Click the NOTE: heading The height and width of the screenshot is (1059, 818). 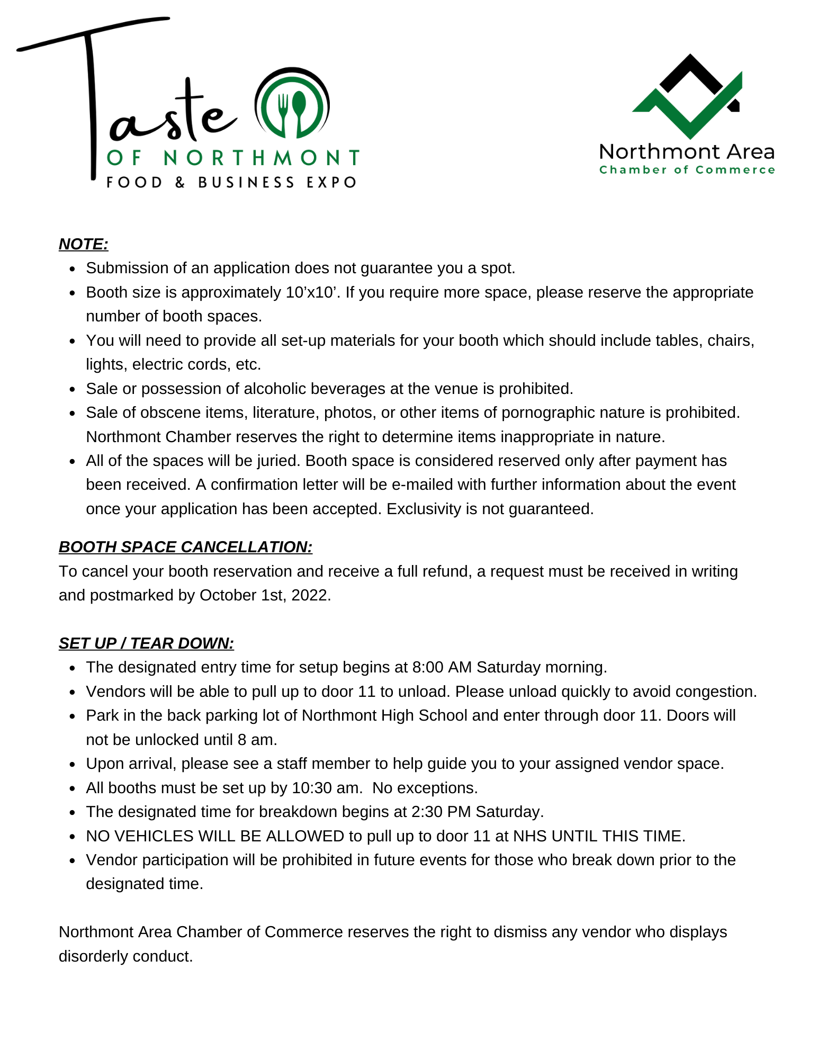83,244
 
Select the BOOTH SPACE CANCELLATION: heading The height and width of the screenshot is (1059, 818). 185,547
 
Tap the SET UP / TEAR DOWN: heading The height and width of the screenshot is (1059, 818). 146,643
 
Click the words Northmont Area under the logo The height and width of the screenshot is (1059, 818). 687,152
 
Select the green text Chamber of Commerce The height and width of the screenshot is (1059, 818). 687,170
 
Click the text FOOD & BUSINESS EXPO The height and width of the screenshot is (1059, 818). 231,183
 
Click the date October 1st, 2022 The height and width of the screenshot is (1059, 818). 264,596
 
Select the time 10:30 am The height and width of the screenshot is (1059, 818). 326,788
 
